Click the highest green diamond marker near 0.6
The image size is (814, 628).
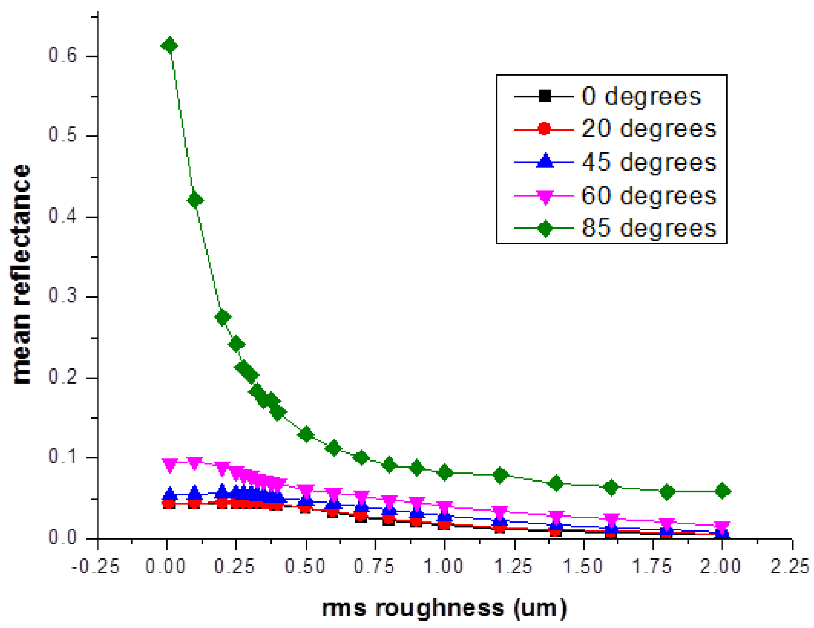169,45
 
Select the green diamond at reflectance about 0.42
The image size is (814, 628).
195,200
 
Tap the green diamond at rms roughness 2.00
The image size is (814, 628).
722,491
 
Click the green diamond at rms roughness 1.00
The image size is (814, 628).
445,472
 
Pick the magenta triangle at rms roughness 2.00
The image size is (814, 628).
722,527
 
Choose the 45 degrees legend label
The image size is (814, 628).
649,162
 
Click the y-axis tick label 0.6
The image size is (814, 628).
63,55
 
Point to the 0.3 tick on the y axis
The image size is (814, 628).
63,296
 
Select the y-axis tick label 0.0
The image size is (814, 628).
63,538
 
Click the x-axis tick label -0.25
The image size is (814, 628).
96,566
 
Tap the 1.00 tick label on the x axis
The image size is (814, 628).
444,566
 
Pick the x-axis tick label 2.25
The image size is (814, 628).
790,566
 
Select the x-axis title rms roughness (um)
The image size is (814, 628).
444,608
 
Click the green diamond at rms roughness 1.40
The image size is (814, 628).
556,483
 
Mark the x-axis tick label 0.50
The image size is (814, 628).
305,566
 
